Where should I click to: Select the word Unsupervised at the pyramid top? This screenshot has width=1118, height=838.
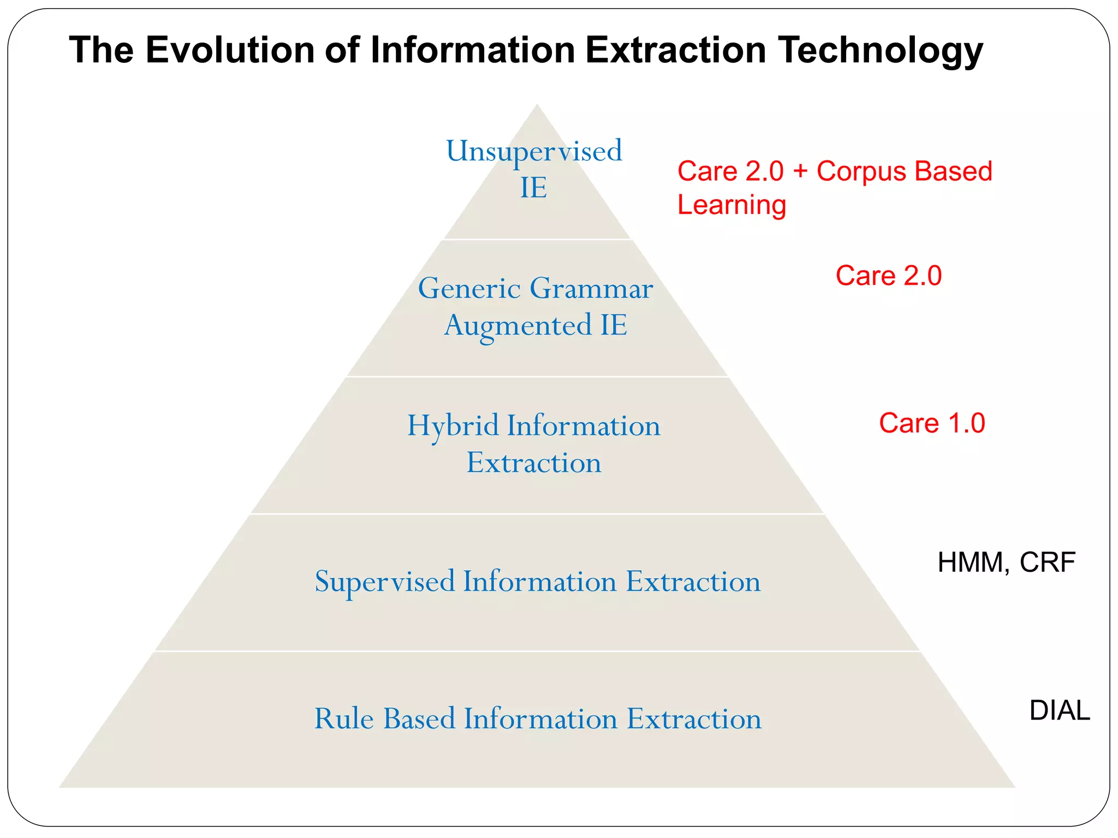(x=533, y=151)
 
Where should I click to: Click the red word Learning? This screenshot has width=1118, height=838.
(x=732, y=205)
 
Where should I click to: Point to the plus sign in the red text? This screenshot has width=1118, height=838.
(x=800, y=171)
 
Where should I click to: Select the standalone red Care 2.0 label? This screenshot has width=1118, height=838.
(x=888, y=276)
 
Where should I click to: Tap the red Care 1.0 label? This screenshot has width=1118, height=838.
(x=931, y=423)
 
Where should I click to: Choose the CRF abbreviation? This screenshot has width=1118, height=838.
(x=1047, y=562)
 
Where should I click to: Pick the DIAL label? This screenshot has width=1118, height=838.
(x=1059, y=710)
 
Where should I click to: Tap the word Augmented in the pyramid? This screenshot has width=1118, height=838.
(x=518, y=326)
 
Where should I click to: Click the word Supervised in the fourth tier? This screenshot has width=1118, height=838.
(x=385, y=582)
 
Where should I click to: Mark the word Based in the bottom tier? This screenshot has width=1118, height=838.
(x=419, y=719)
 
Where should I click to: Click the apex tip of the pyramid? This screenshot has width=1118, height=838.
(x=537, y=105)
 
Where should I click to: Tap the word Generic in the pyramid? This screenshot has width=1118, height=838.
(x=469, y=289)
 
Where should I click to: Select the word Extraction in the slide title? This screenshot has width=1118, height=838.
(x=676, y=50)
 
